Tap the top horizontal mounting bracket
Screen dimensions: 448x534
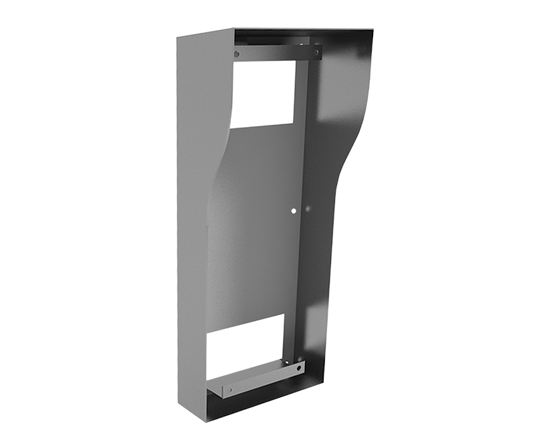point(274,52)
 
